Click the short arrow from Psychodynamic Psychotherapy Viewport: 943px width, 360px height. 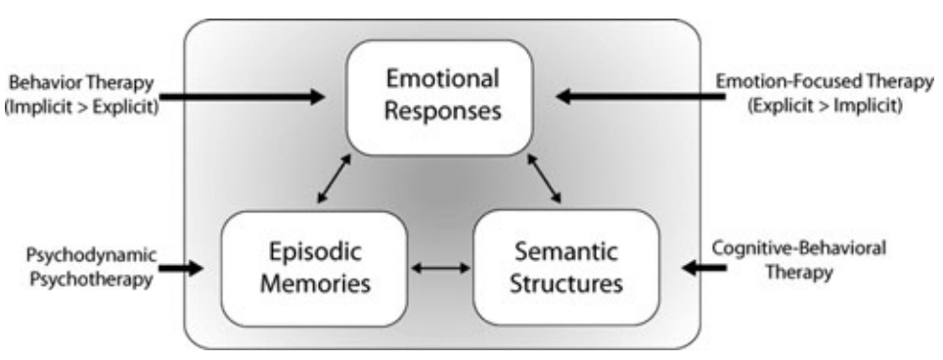click(x=181, y=266)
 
